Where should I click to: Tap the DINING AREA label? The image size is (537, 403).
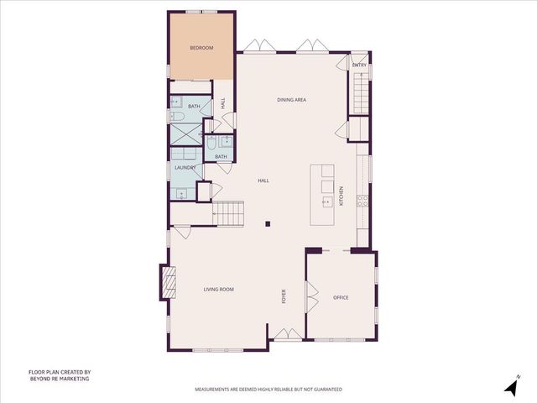291,100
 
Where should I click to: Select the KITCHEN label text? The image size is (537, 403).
341,196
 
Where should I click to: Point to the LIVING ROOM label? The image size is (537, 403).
218,290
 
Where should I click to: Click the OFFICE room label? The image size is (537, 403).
341,297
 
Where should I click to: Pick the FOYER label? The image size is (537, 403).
284,296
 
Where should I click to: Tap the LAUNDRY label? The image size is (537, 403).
185,168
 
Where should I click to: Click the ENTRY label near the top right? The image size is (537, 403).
359,65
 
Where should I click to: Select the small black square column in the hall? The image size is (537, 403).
267,223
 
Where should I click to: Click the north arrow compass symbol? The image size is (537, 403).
509,387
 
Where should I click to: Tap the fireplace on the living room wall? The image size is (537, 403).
168,284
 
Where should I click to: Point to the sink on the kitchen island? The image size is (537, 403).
326,201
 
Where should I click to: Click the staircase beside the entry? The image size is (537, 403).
360,92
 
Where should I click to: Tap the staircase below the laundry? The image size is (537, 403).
227,213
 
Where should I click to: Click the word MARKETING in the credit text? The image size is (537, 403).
73,379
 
